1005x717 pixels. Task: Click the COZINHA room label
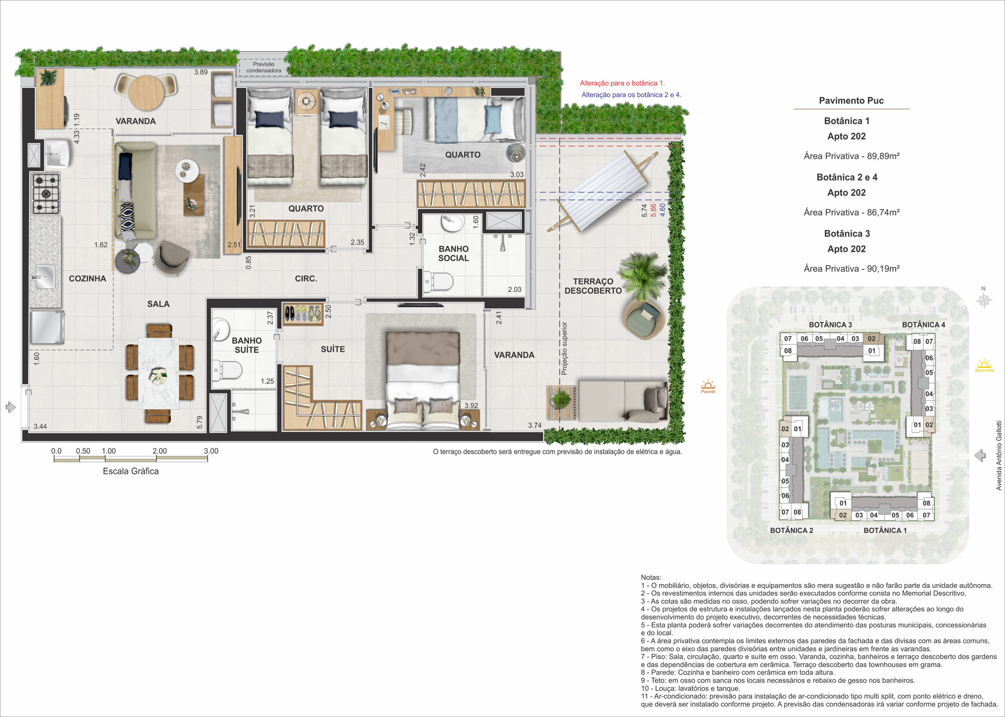pyautogui.click(x=88, y=278)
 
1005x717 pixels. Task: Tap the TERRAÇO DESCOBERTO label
pyautogui.click(x=593, y=286)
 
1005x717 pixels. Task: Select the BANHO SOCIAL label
pyautogui.click(x=453, y=253)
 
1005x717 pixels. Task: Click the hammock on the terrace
pyautogui.click(x=603, y=191)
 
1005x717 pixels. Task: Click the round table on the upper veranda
pyautogui.click(x=146, y=93)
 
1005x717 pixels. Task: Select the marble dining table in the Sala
pyautogui.click(x=159, y=373)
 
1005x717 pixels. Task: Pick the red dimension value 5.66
pyautogui.click(x=653, y=210)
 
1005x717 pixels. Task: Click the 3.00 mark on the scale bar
pyautogui.click(x=211, y=451)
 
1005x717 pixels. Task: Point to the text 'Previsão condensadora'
pyautogui.click(x=264, y=67)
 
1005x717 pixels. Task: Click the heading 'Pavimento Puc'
pyautogui.click(x=851, y=101)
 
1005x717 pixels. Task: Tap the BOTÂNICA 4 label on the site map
pyautogui.click(x=923, y=324)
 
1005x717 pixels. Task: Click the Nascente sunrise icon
pyautogui.click(x=984, y=366)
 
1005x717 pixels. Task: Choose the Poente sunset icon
pyautogui.click(x=708, y=387)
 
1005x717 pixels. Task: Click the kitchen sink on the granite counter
pyautogui.click(x=45, y=277)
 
